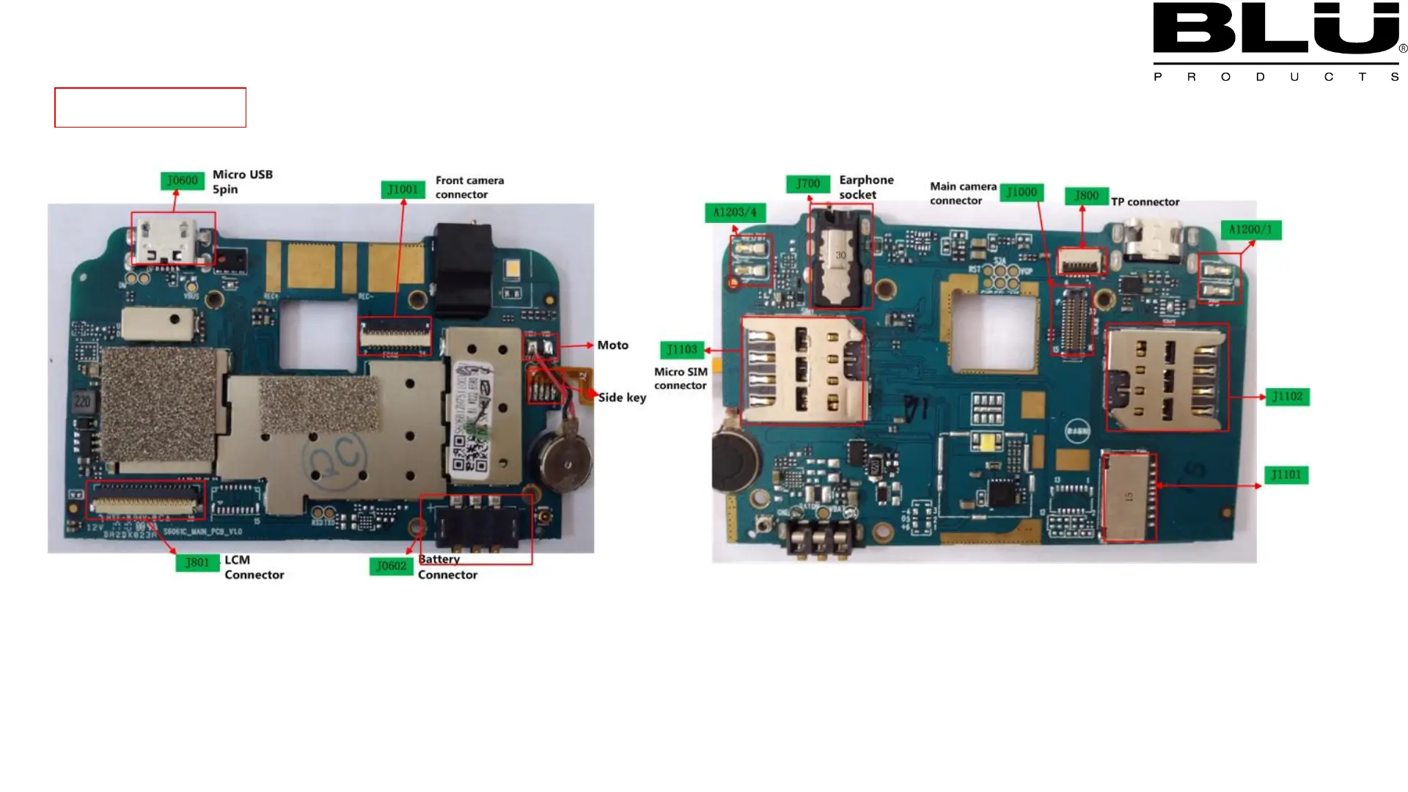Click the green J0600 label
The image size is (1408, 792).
pos(182,181)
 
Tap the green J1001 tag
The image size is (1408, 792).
pos(403,190)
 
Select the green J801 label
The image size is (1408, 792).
pos(197,562)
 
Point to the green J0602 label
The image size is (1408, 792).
pos(391,566)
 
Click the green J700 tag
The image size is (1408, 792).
pos(807,184)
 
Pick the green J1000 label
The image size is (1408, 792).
pos(1022,192)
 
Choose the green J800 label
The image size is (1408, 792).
pos(1086,196)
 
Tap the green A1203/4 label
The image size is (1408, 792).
pos(735,213)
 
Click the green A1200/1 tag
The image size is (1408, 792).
pos(1250,230)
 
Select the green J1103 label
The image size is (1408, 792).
pos(682,350)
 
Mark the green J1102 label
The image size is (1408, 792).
pos(1287,397)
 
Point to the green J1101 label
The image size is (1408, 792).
pos(1286,475)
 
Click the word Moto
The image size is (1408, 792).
pos(612,345)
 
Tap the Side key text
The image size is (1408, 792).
pos(622,397)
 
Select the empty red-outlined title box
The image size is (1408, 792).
pos(150,108)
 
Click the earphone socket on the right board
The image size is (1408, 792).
pos(840,257)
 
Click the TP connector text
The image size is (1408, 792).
pos(1145,202)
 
